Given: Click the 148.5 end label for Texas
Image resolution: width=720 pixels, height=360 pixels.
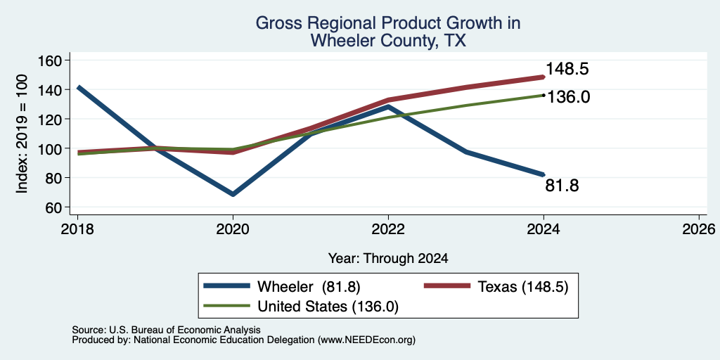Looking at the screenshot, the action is (567, 70).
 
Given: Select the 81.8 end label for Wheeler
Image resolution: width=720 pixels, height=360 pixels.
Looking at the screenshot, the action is (562, 186).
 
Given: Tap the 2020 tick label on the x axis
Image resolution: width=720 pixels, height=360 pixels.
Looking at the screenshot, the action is (233, 229).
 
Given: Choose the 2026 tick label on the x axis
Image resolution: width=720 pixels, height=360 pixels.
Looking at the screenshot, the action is (699, 229).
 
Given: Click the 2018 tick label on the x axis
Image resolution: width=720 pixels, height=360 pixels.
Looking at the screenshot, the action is (77, 229).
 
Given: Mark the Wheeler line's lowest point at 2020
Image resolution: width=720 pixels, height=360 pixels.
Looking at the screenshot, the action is (233, 194).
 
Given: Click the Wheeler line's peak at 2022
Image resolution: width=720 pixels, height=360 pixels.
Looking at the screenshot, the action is (388, 107).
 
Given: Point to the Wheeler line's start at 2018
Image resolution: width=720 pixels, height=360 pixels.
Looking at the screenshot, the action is (78, 87).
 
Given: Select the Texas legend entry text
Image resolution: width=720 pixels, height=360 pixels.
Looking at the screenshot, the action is (523, 287).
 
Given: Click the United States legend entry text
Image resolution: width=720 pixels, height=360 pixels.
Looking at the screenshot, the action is (328, 307).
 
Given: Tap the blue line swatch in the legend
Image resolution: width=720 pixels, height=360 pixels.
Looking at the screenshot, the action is (227, 286).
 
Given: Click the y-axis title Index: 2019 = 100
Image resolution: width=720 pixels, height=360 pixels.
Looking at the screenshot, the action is (22, 134).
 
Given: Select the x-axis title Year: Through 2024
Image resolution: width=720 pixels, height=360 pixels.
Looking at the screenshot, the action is (388, 259).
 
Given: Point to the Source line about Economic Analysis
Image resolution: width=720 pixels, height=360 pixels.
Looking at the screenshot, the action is (166, 330).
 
